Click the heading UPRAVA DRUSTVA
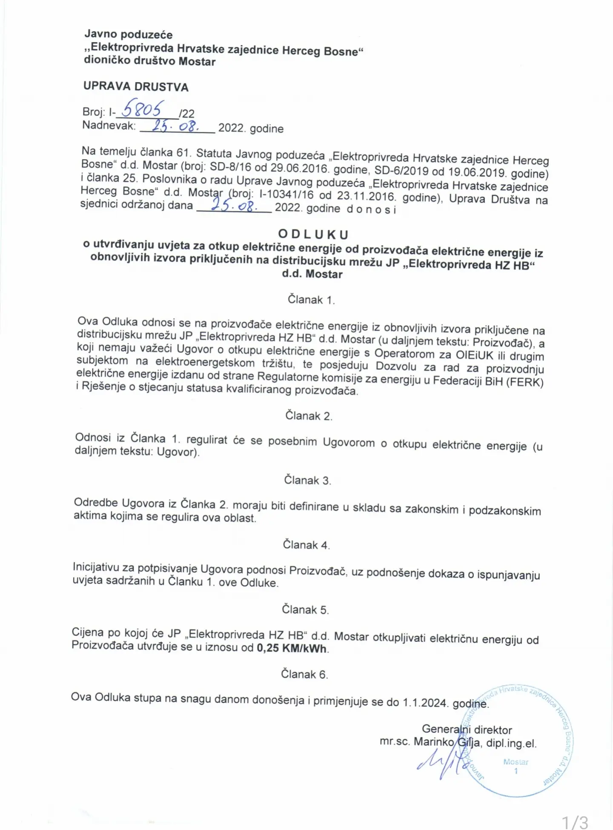[x=136, y=86]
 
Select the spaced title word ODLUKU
[x=313, y=235]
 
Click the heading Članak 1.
[x=311, y=300]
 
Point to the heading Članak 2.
[x=309, y=416]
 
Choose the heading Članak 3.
[x=307, y=480]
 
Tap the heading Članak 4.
[x=306, y=545]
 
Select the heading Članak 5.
[x=305, y=610]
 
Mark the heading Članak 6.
[x=304, y=674]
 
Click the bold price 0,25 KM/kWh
[x=292, y=648]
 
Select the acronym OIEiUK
[x=474, y=355]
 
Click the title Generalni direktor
[x=467, y=730]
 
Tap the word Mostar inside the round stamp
[x=516, y=762]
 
